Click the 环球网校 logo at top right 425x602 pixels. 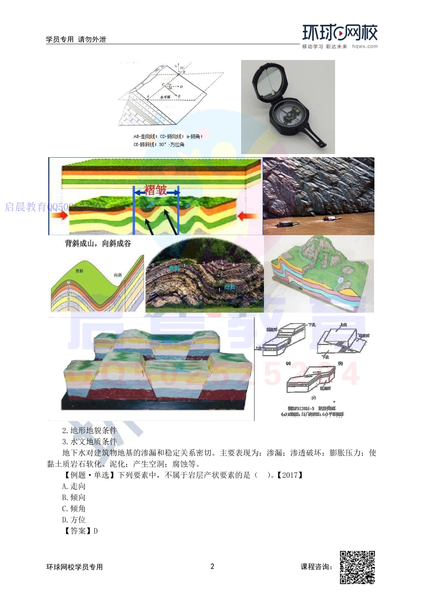[340, 33]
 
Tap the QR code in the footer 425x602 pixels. [357, 568]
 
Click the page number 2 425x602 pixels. [212, 567]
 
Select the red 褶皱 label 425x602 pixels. [156, 190]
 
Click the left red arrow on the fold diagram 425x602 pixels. [59, 215]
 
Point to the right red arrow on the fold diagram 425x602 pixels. [247, 216]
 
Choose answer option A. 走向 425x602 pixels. [74, 486]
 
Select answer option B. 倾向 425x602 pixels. [74, 498]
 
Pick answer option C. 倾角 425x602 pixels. [74, 509]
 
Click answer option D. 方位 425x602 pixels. [74, 520]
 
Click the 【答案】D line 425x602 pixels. [80, 531]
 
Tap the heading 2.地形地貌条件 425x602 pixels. [89, 430]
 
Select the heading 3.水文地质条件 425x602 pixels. [89, 442]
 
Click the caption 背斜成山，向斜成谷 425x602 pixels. [98, 244]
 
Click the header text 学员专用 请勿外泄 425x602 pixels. [76, 39]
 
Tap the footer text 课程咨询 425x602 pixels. [316, 567]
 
